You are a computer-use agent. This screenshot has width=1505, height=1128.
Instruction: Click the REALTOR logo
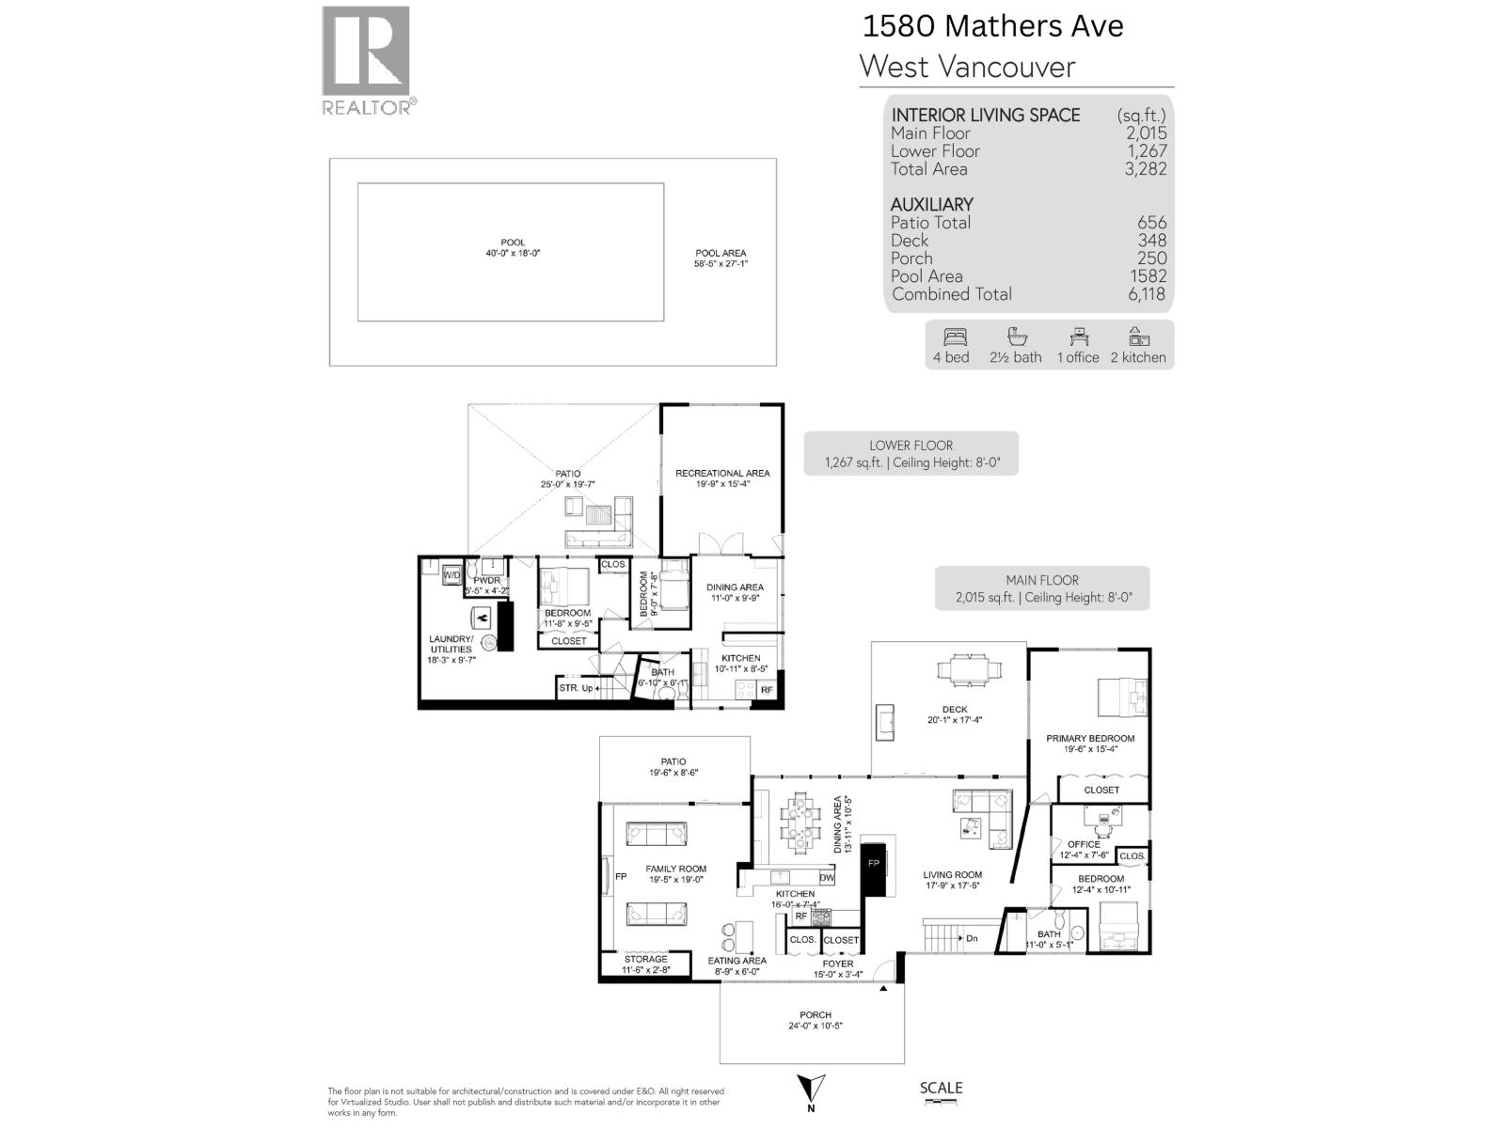[366, 59]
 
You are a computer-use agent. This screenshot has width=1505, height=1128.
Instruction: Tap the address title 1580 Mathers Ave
[992, 26]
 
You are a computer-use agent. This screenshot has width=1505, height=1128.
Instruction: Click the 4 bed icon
[951, 337]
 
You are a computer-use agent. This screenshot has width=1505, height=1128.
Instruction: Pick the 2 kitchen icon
[1138, 337]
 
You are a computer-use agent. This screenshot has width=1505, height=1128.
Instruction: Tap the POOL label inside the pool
[513, 243]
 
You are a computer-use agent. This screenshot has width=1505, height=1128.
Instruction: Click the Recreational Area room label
[722, 474]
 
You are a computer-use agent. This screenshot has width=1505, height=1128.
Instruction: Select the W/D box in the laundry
[451, 575]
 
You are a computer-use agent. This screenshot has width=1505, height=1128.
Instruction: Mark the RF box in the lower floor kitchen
[767, 690]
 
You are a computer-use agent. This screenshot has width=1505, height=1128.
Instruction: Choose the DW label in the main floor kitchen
[827, 878]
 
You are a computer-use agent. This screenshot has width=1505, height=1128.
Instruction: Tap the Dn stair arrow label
[971, 938]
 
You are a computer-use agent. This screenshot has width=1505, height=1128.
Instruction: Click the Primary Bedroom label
[1090, 739]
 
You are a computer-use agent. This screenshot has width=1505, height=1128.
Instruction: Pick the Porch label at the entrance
[816, 1015]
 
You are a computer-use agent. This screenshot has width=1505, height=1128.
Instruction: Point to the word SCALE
[941, 1088]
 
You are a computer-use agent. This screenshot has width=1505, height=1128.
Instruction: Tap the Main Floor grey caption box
[1042, 588]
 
